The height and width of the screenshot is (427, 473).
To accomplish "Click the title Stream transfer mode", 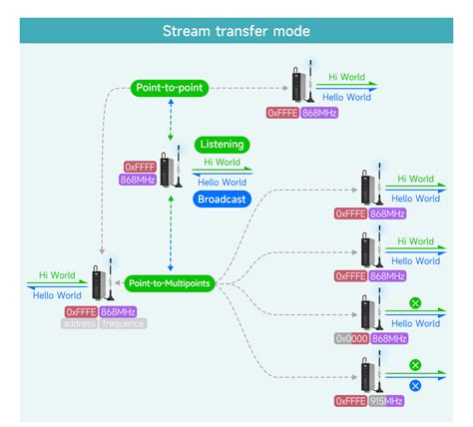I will coord(236,31).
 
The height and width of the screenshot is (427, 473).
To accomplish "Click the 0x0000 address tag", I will coord(351,338).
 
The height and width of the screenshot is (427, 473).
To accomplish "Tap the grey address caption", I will coord(79,323).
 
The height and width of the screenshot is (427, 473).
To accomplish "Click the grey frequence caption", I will coord(123,323).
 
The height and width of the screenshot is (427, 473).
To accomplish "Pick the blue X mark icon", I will coord(415,385).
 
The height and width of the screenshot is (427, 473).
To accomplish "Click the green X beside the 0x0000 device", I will coord(415,303).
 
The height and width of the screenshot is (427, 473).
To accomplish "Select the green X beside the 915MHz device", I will coord(415,365).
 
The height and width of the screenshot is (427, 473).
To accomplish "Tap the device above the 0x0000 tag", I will coord(369,313).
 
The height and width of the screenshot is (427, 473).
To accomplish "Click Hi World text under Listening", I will coord(222,163).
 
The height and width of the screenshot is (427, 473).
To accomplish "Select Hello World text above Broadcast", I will coord(223,182).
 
